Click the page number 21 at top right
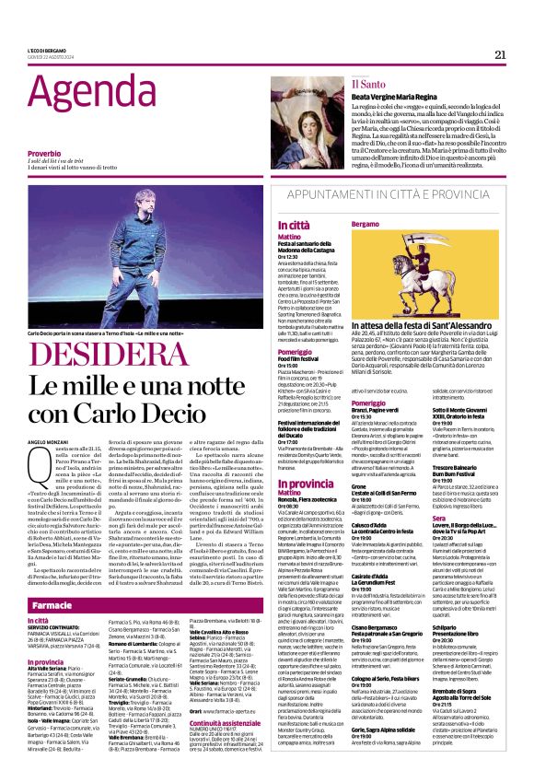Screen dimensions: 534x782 click(500, 53)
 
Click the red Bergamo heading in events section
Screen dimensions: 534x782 click(366, 225)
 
